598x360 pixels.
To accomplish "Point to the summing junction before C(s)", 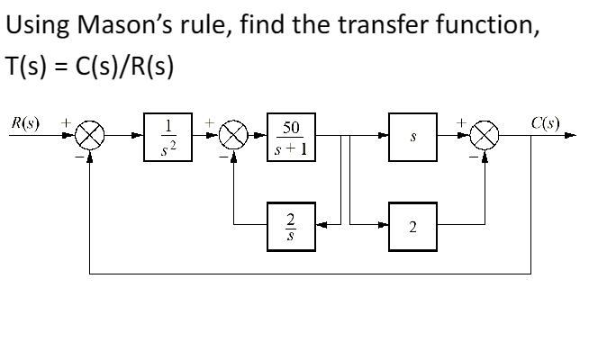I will click(x=486, y=138).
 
